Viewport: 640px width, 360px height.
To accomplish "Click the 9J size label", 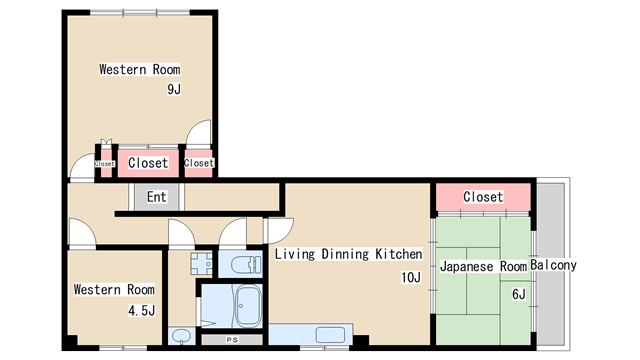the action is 174,89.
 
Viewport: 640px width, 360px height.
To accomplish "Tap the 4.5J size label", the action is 142,311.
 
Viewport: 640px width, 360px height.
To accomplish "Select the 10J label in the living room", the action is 411,278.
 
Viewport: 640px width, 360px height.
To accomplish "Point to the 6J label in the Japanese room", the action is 519,294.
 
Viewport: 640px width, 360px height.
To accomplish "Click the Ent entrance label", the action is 157,197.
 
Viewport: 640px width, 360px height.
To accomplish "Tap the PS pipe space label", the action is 232,340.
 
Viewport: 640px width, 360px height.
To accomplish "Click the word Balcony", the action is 553,265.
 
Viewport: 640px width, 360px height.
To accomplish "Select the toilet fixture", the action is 246,264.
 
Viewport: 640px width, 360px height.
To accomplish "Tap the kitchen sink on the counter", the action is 330,336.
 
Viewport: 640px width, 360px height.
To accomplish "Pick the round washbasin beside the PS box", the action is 181,336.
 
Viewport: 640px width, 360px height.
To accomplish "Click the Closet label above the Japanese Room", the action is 483,197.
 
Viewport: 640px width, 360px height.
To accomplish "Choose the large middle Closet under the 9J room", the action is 148,163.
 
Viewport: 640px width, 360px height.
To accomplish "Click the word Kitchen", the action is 399,254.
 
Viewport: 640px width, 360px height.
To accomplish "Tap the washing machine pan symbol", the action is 201,263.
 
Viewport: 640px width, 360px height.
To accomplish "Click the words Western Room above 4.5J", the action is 114,289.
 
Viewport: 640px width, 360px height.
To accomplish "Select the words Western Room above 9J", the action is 140,69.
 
